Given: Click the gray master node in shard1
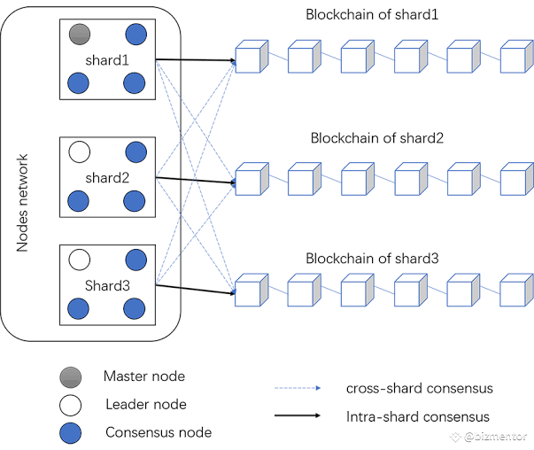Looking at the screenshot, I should [x=80, y=35].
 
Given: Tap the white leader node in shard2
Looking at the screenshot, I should [x=80, y=152].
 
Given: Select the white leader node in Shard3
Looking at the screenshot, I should [x=80, y=260].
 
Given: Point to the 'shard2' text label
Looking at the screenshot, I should [x=107, y=177].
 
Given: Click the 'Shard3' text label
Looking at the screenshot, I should [x=107, y=284].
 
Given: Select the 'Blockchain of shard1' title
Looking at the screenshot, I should [x=371, y=15].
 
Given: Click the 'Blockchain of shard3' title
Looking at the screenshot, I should [x=371, y=259].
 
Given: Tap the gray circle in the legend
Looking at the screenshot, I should [x=70, y=376].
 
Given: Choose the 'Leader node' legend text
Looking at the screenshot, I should [x=145, y=404].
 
